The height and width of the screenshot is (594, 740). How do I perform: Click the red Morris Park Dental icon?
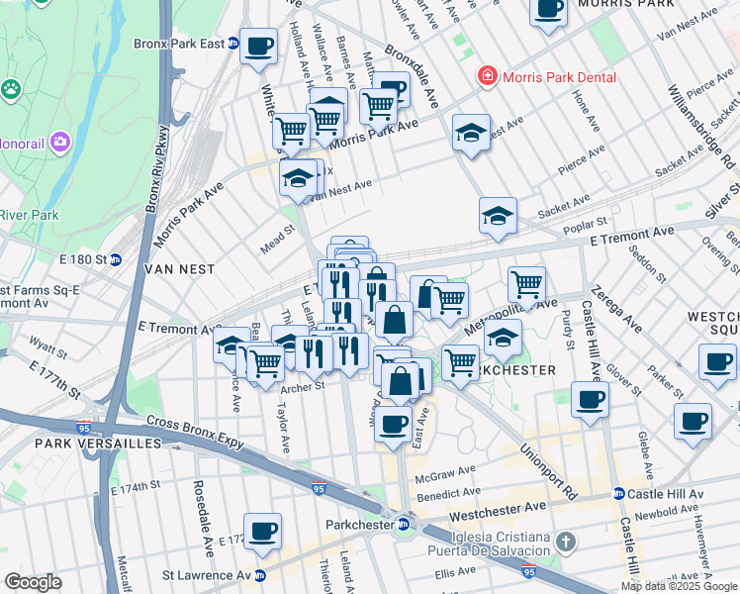coord(487,77)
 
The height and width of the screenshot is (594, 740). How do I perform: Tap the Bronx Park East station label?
coord(180,44)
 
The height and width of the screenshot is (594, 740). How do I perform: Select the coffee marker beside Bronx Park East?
coord(259,47)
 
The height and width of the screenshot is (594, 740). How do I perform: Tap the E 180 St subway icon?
coord(116,259)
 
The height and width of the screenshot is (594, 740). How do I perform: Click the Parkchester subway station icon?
coord(404,525)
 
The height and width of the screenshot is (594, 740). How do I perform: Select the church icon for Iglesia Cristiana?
coord(564,542)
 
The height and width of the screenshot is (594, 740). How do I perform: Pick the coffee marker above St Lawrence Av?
coord(263,532)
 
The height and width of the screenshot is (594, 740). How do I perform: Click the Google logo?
coord(33,582)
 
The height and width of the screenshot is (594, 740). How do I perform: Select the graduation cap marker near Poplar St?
coord(498,214)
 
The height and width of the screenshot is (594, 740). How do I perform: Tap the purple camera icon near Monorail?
coord(59,143)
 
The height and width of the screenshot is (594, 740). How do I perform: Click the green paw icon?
coord(12,89)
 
